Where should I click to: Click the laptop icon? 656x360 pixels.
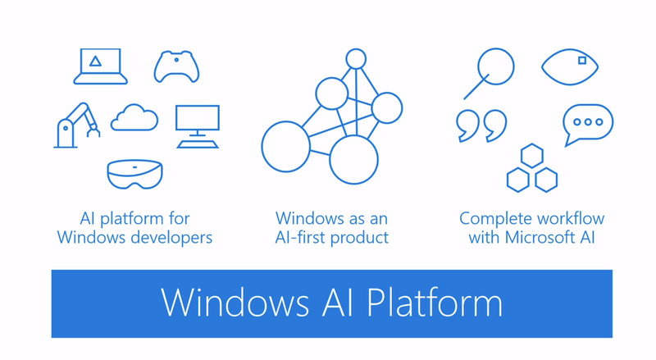[100, 66]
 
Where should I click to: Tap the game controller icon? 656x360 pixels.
[176, 66]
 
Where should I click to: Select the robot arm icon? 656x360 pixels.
[76, 125]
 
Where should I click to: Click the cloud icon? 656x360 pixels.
[134, 118]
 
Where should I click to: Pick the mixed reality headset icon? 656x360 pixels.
[134, 174]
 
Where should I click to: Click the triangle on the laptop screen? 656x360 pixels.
[97, 61]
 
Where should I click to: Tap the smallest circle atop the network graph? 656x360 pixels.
[356, 58]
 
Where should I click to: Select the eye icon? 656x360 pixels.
[570, 66]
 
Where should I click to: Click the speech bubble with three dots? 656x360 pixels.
[588, 124]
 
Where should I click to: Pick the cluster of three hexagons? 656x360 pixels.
[531, 169]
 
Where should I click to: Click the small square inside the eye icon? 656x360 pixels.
[582, 60]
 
